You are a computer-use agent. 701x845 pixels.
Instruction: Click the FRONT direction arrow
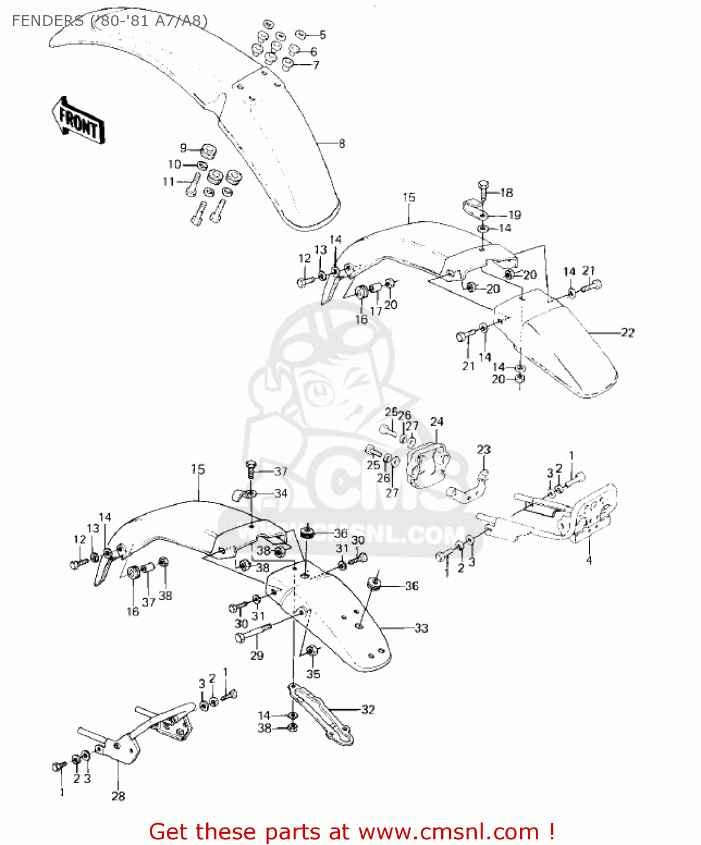point(78,121)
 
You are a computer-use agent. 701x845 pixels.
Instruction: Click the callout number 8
point(342,143)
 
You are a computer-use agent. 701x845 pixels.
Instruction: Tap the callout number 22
point(627,333)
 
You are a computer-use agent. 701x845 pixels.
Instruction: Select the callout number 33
point(422,628)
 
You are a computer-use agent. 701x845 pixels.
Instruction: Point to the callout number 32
point(368,709)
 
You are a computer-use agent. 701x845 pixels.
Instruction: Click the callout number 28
point(118,796)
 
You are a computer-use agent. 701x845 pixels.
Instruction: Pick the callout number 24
point(437,422)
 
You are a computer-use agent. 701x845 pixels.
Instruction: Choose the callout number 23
point(483,450)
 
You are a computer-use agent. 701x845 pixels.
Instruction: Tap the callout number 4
point(589,560)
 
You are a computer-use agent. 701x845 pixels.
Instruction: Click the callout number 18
point(507,193)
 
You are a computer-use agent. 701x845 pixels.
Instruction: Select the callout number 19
point(514,215)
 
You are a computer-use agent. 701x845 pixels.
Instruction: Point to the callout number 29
point(257,655)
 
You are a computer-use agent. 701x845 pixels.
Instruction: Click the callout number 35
point(313,674)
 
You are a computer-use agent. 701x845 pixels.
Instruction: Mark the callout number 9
point(183,148)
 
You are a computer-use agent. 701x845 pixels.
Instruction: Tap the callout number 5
point(322,35)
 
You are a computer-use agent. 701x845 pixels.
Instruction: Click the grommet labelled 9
point(208,151)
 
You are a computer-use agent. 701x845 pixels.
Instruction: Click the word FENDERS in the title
point(48,21)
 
